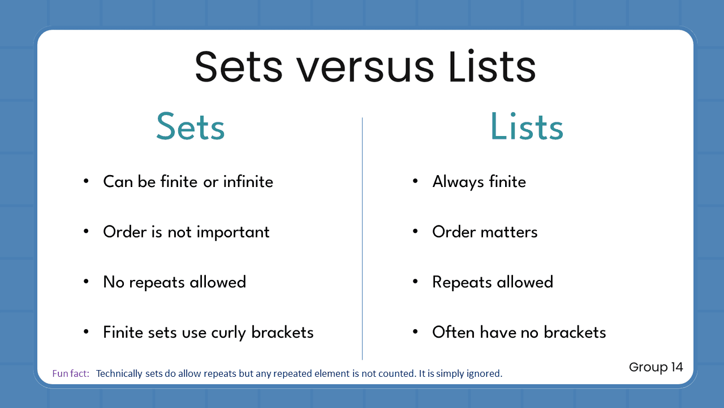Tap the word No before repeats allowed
(114, 282)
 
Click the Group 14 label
(656, 367)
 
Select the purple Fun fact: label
(71, 374)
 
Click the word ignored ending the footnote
(485, 374)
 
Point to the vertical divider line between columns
(362, 238)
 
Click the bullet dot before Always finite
(415, 181)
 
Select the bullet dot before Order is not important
(86, 231)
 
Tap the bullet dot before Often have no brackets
(415, 331)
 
